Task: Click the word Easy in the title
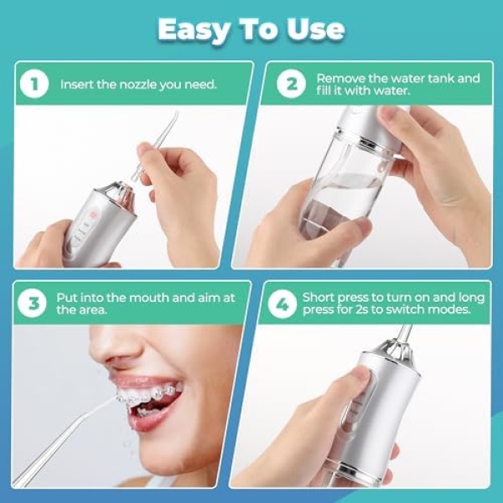(x=194, y=30)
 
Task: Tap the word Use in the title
(x=316, y=30)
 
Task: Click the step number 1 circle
(x=34, y=84)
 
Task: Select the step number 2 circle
(x=291, y=84)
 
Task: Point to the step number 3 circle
(x=32, y=303)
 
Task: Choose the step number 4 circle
(x=283, y=303)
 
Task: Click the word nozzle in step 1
(x=138, y=85)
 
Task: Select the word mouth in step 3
(x=149, y=298)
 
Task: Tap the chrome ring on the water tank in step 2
(x=366, y=141)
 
